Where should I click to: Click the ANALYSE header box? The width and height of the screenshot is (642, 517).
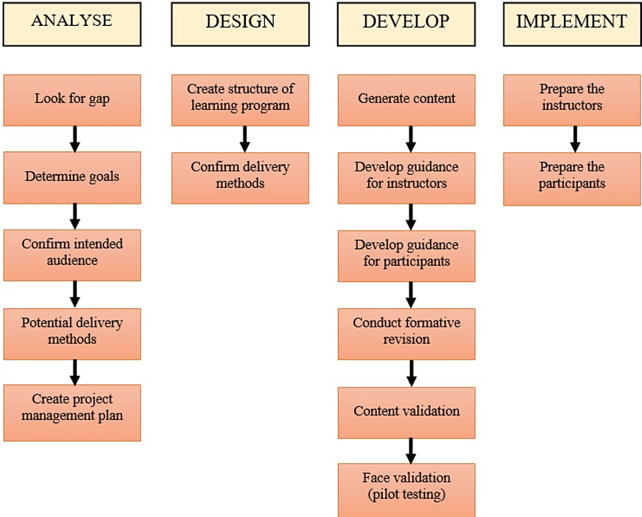(72, 23)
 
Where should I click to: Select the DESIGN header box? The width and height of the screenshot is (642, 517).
(240, 23)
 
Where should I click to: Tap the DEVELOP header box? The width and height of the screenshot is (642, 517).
(406, 23)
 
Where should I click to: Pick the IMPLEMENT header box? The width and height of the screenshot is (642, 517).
(572, 23)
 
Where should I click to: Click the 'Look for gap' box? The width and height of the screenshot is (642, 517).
(72, 100)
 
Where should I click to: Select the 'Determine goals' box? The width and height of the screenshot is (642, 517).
(72, 177)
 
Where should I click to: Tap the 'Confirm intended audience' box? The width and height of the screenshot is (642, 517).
(72, 254)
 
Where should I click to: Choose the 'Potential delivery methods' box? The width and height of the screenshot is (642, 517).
(72, 332)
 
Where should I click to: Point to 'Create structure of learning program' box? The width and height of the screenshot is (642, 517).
(240, 100)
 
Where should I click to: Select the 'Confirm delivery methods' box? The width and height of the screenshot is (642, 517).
(240, 177)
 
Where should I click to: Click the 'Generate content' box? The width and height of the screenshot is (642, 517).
(406, 100)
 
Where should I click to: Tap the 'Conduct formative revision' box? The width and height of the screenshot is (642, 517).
(406, 333)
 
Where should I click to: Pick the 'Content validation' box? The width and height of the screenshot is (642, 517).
(406, 412)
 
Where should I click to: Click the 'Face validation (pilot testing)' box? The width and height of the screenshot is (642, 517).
(406, 489)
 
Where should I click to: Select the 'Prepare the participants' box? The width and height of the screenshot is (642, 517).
(572, 178)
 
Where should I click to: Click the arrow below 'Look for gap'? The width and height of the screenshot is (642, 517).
(75, 139)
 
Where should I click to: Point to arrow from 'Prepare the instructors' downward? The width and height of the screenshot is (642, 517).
(575, 139)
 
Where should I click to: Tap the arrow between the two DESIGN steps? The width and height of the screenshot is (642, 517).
(245, 139)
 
